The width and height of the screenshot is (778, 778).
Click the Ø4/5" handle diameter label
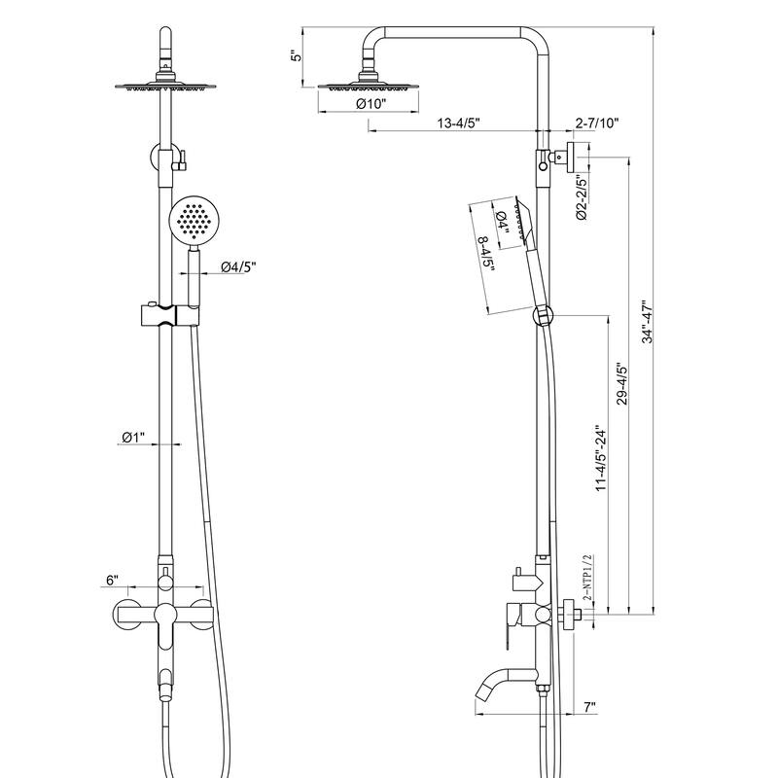(x=238, y=267)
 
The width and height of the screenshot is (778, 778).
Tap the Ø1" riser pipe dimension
(x=133, y=439)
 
